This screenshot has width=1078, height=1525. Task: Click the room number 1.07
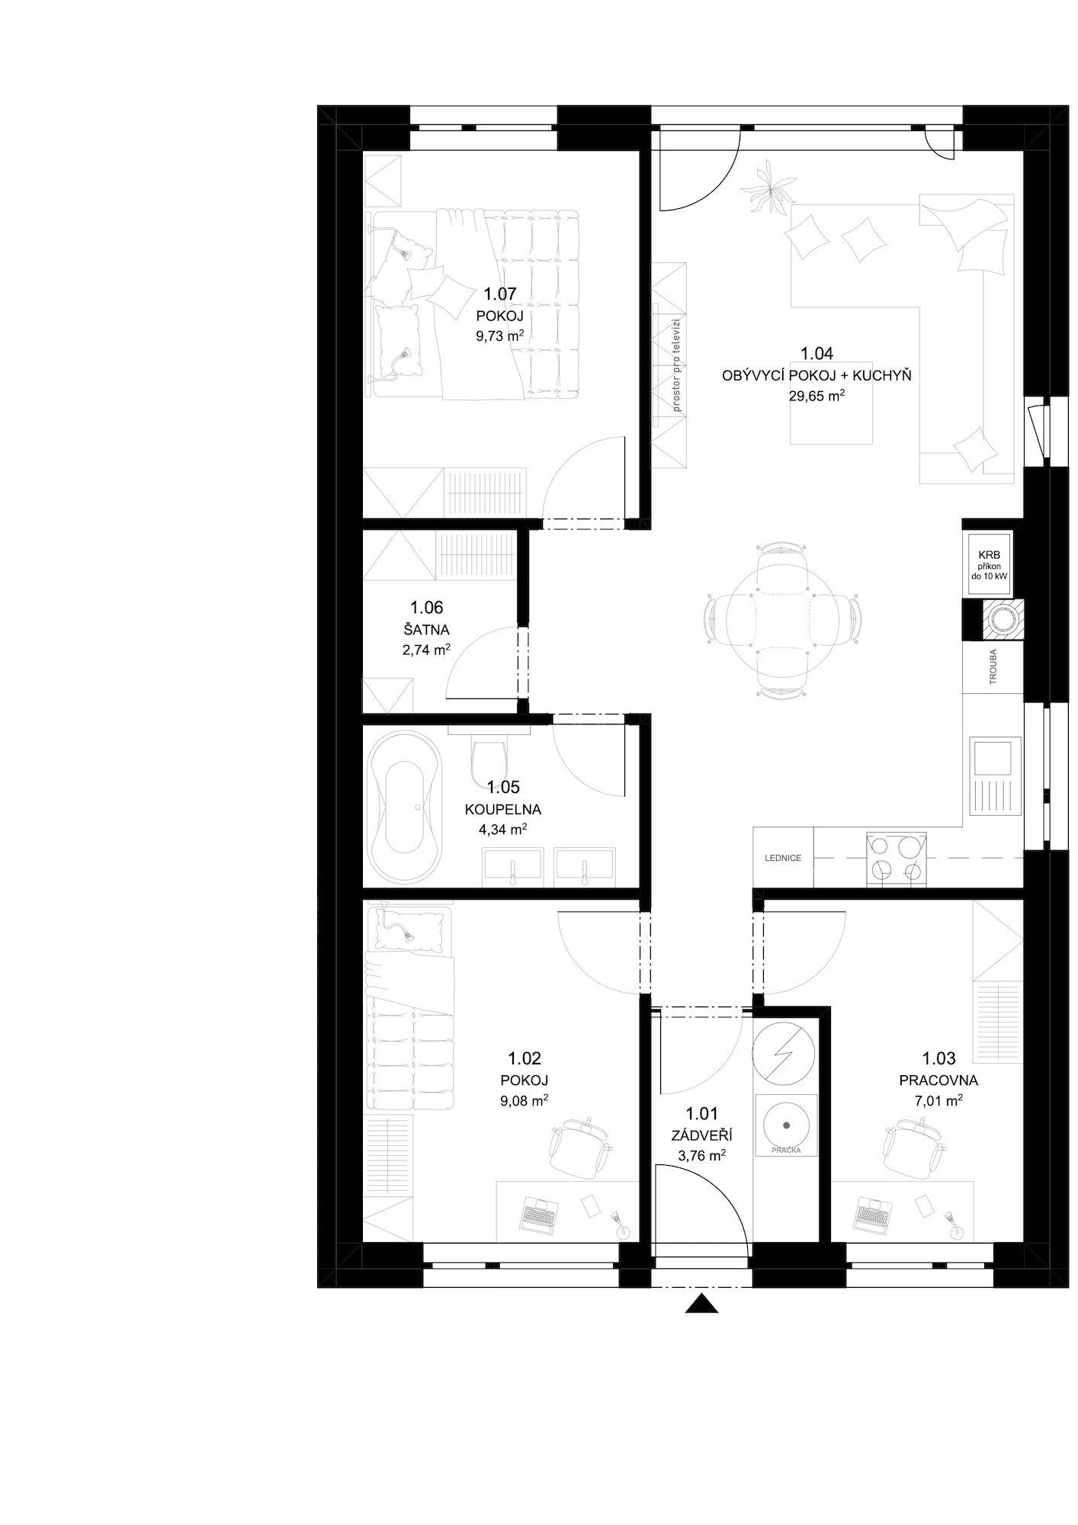pos(500,294)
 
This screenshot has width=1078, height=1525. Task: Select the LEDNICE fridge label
pos(783,858)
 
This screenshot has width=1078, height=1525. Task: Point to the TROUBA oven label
pos(993,666)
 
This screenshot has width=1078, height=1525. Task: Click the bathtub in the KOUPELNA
pos(404,807)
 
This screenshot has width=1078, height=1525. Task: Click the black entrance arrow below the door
pos(701,1304)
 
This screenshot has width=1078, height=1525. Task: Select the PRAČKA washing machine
pos(785,1124)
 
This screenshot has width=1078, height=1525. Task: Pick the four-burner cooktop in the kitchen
pos(896,859)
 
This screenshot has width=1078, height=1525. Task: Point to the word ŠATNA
pos(426,630)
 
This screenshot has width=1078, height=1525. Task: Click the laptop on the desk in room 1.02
pos(540,1213)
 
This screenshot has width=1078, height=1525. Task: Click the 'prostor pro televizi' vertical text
pos(675,366)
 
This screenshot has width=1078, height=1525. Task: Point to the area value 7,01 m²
pos(938,1100)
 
